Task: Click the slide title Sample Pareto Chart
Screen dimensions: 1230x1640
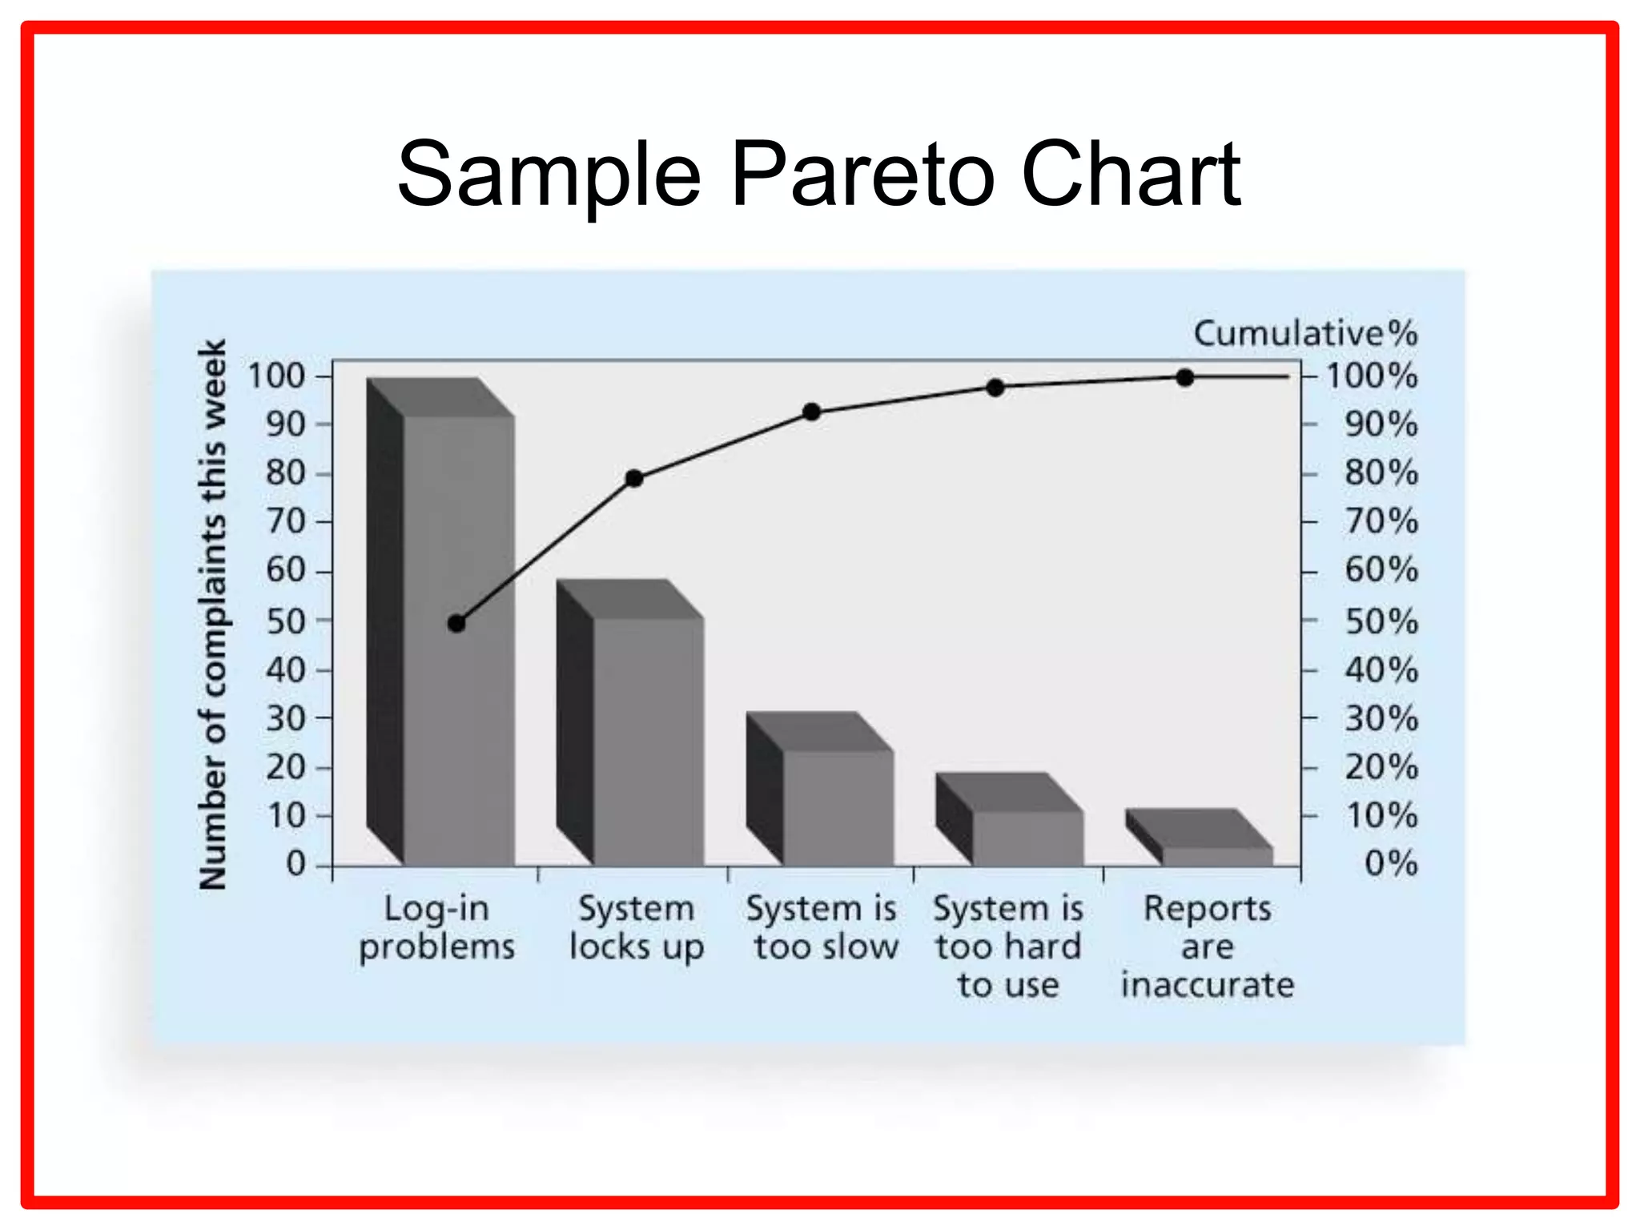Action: [818, 174]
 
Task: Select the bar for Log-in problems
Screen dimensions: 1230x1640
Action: [458, 641]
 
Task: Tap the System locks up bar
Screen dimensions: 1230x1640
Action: [648, 741]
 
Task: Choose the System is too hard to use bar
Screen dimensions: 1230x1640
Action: [1027, 838]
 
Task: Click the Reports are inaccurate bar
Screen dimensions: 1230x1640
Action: [1216, 856]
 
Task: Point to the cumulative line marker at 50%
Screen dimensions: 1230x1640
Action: [456, 623]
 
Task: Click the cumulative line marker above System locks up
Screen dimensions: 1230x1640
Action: [634, 479]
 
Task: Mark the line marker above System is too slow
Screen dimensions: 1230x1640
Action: [811, 412]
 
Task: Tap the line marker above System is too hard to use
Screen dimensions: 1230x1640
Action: [995, 388]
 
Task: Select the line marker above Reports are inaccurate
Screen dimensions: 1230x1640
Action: [1185, 378]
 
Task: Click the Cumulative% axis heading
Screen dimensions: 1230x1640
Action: [1305, 333]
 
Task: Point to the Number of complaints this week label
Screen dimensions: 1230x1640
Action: [213, 614]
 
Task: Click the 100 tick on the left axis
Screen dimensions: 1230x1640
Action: [277, 376]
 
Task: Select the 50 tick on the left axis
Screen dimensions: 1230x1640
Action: [286, 621]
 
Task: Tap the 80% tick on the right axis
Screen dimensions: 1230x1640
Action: [1381, 472]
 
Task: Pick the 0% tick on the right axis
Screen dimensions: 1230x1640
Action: [1391, 863]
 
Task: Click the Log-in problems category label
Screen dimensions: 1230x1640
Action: [436, 927]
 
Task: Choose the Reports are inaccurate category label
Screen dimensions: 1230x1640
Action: [1208, 947]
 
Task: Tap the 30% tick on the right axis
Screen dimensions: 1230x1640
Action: [1381, 718]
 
